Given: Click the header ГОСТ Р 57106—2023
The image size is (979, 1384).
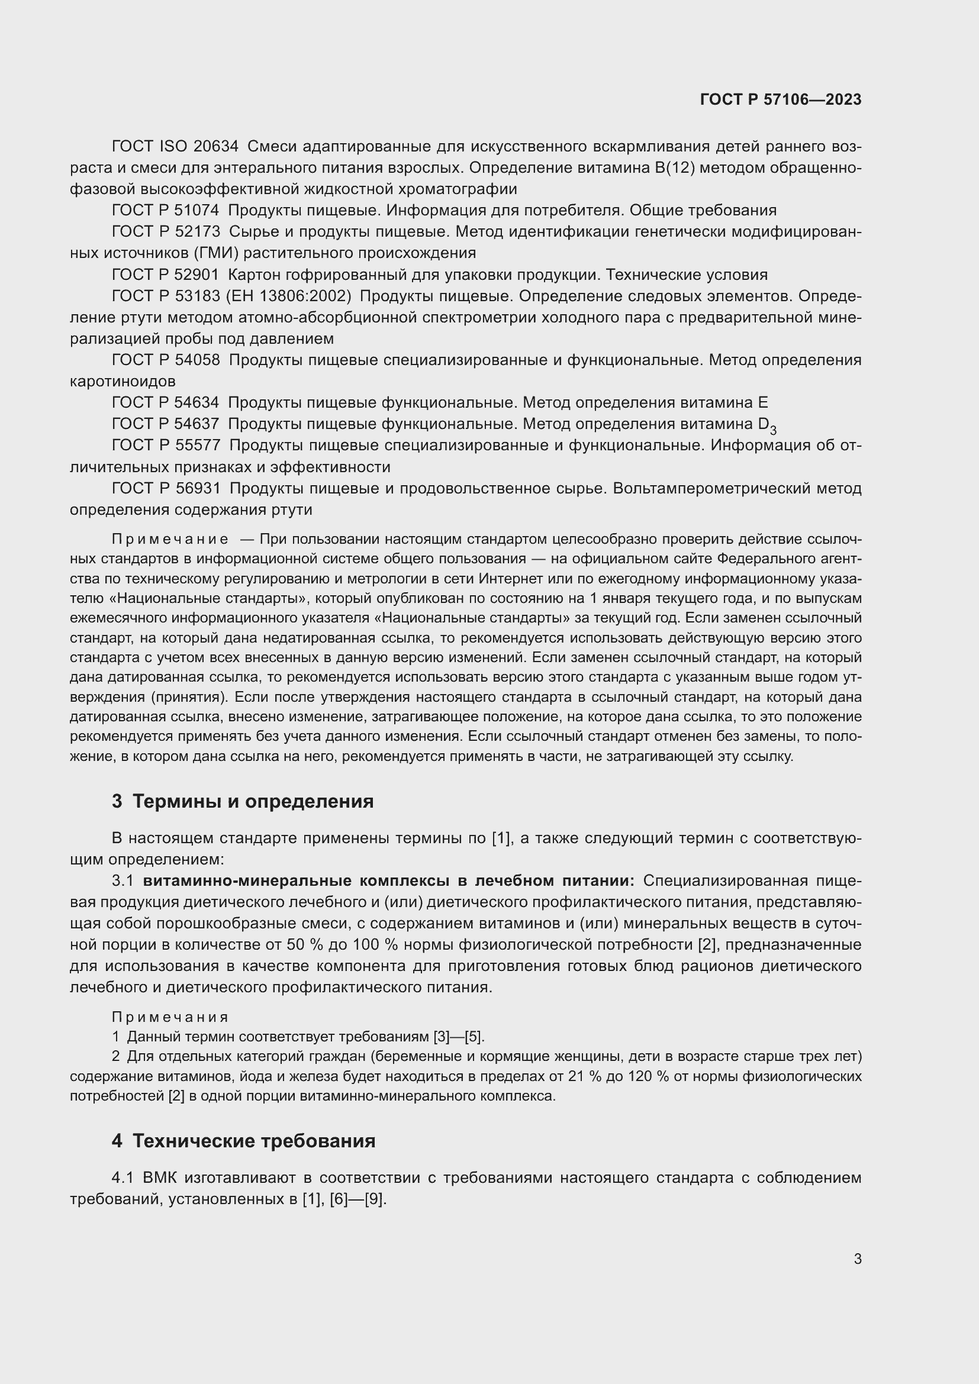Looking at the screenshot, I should point(780,100).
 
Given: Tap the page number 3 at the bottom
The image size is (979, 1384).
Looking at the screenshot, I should point(857,1259).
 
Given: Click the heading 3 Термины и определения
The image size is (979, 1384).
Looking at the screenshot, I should point(242,802).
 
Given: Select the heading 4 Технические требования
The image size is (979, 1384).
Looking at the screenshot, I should point(243,1141).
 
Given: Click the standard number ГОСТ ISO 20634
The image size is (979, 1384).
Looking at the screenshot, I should point(175,147).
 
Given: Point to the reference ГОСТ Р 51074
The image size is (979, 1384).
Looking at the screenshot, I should point(165,211).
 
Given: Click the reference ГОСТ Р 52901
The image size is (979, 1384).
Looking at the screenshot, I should point(165,275).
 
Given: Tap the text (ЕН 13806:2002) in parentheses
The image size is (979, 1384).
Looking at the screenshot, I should point(288,296).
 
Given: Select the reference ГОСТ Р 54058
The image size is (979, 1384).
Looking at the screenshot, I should point(165,360).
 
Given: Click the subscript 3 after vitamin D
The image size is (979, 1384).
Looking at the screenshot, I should point(773,430).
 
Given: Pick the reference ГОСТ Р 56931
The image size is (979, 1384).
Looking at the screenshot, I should point(165,488).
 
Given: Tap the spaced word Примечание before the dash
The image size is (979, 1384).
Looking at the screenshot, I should point(170,539).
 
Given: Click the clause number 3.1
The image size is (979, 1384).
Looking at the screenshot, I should point(123,880).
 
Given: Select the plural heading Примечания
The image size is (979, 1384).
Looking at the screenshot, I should point(170,1018).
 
